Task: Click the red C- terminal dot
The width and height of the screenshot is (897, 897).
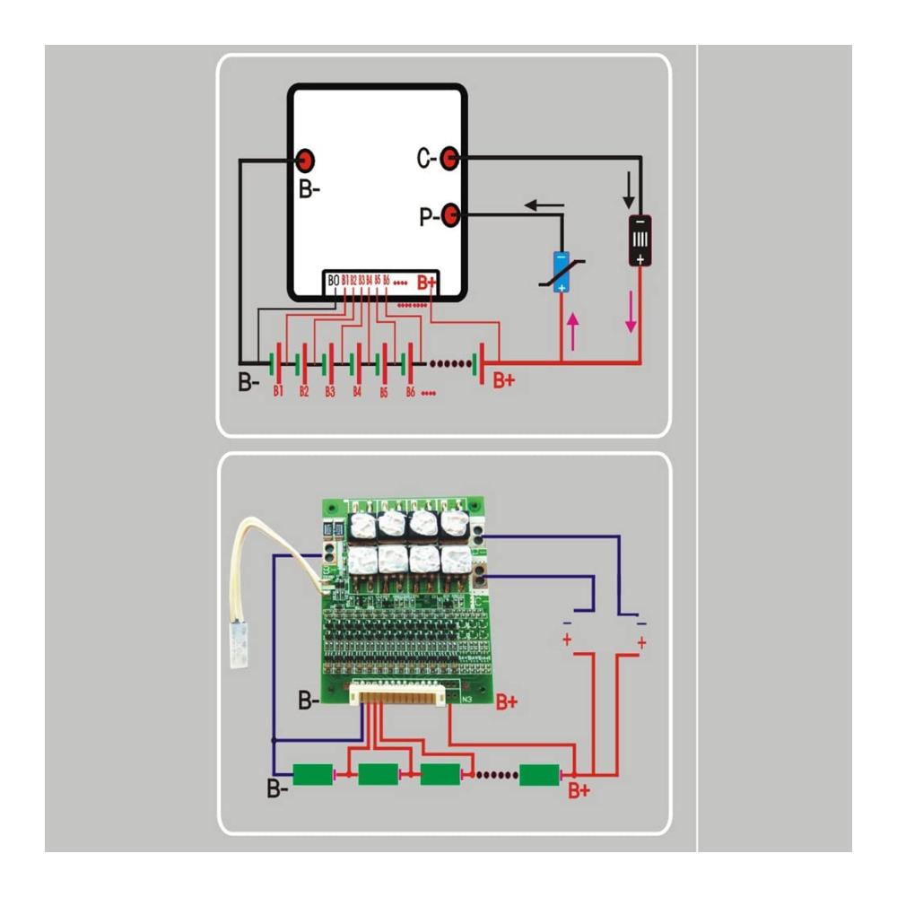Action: pos(451,159)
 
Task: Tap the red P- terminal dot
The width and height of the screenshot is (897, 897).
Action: pos(451,214)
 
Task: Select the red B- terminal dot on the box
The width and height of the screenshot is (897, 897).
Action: pos(305,160)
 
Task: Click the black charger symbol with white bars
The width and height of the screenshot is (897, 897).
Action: pos(640,240)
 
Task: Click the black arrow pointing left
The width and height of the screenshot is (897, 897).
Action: pos(544,205)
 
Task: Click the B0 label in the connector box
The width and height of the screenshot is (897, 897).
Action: pos(334,281)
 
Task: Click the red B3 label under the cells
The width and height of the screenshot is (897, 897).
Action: pos(330,392)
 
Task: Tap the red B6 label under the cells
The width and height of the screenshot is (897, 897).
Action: pos(411,392)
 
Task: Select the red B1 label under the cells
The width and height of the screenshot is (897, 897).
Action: pos(278,392)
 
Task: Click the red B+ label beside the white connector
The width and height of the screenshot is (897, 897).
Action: pos(507,701)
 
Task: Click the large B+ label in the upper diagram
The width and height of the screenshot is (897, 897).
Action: pos(504,380)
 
